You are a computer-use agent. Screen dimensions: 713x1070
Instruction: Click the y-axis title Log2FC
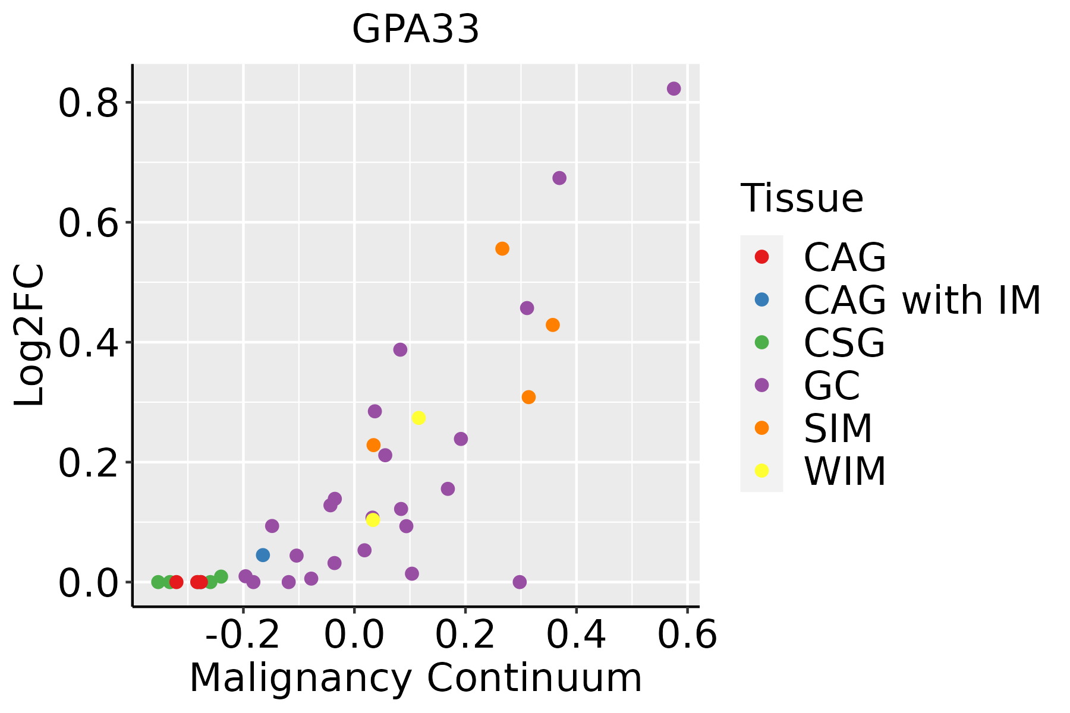pos(30,336)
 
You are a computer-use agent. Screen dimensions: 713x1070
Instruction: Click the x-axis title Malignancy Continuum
pos(416,678)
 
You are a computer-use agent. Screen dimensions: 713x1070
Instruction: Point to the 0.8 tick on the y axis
pos(87,103)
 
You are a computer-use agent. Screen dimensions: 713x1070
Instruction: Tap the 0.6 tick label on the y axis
pos(87,223)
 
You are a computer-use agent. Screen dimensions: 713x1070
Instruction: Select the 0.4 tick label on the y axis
pos(87,343)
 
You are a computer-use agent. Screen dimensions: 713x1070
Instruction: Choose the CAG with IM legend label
pos(922,300)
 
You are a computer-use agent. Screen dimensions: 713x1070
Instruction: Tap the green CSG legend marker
pos(761,342)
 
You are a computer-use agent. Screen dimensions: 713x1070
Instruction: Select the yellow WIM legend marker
pos(761,471)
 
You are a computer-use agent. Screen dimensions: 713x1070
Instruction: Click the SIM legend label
pos(838,428)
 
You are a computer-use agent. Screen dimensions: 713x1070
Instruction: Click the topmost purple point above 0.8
pos(674,89)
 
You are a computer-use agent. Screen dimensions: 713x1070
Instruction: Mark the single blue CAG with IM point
pos(263,555)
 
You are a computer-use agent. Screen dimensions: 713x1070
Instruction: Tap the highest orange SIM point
pos(502,248)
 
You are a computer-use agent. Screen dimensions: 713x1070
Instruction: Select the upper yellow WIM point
pos(418,418)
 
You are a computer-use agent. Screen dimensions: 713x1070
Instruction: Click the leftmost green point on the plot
pos(158,582)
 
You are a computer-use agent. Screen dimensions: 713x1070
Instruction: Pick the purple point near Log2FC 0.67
pos(559,178)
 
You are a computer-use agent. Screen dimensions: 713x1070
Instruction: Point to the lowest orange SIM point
pos(373,445)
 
